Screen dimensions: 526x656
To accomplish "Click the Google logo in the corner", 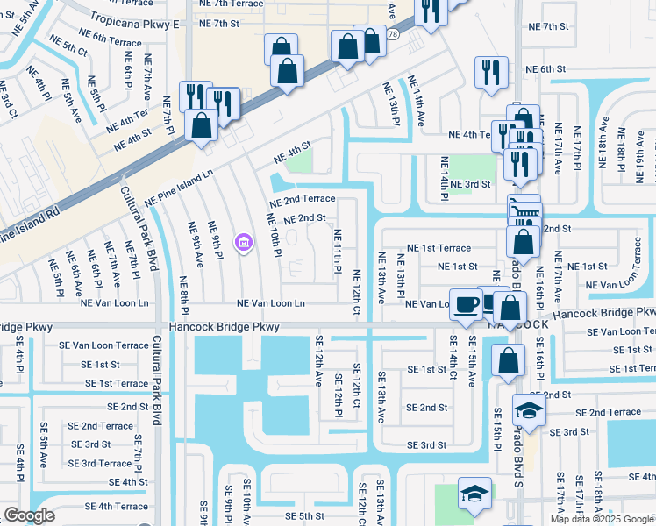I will click(29, 515).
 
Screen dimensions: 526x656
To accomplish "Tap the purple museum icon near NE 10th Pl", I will click(243, 241).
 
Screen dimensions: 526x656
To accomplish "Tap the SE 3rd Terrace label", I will click(101, 463).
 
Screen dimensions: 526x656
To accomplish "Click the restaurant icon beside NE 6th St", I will click(488, 72).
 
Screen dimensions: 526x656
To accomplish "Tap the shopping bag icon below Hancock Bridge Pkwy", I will click(508, 360).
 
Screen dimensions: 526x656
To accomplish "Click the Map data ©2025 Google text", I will click(602, 518).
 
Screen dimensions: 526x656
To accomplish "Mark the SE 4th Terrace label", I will click(111, 506).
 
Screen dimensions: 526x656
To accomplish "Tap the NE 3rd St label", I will click(472, 184).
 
